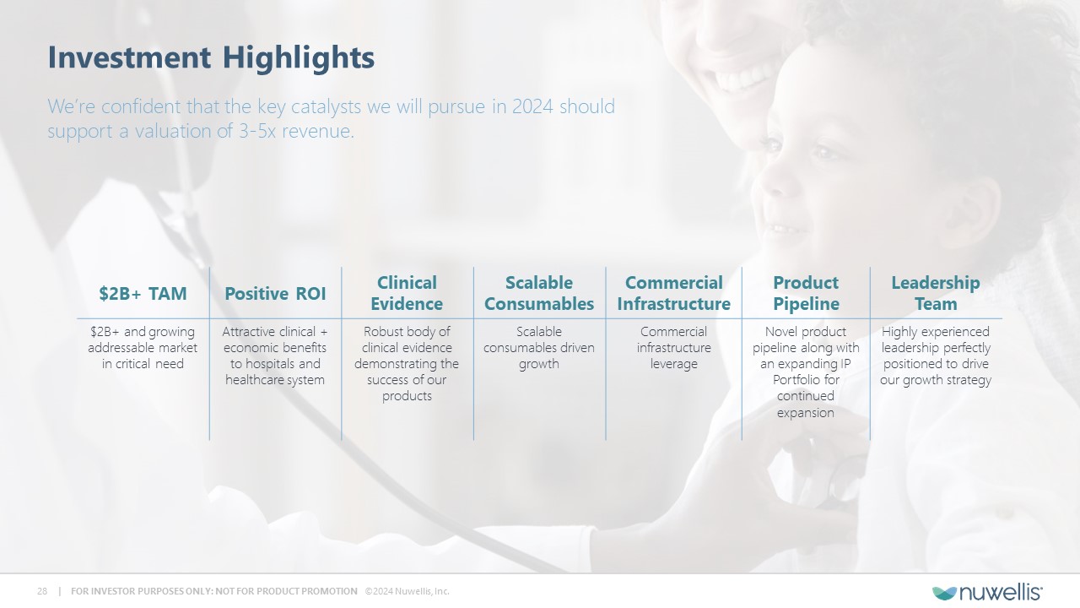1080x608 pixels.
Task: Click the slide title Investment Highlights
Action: pos(211,58)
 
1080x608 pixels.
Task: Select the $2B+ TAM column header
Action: pos(143,293)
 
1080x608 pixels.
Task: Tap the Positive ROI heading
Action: pos(275,293)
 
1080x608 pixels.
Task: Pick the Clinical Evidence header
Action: pos(407,293)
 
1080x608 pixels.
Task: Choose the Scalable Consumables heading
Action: pos(539,293)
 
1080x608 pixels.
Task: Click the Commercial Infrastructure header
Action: pos(673,293)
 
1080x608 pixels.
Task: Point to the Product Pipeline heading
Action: pos(806,293)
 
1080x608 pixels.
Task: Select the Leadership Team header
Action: pos(936,293)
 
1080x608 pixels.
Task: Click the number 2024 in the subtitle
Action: pos(532,106)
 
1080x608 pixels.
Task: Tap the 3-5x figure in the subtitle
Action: pos(257,131)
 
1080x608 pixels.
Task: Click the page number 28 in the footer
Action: pos(42,591)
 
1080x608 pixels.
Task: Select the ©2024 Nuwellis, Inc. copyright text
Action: pos(407,591)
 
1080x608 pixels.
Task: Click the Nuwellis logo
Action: pos(987,592)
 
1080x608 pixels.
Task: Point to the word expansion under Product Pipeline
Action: pos(805,413)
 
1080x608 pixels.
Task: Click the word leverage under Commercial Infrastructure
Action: pos(673,364)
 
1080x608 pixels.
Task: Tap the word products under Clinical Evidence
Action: pos(407,396)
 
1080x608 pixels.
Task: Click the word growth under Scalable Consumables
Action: pos(539,364)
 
